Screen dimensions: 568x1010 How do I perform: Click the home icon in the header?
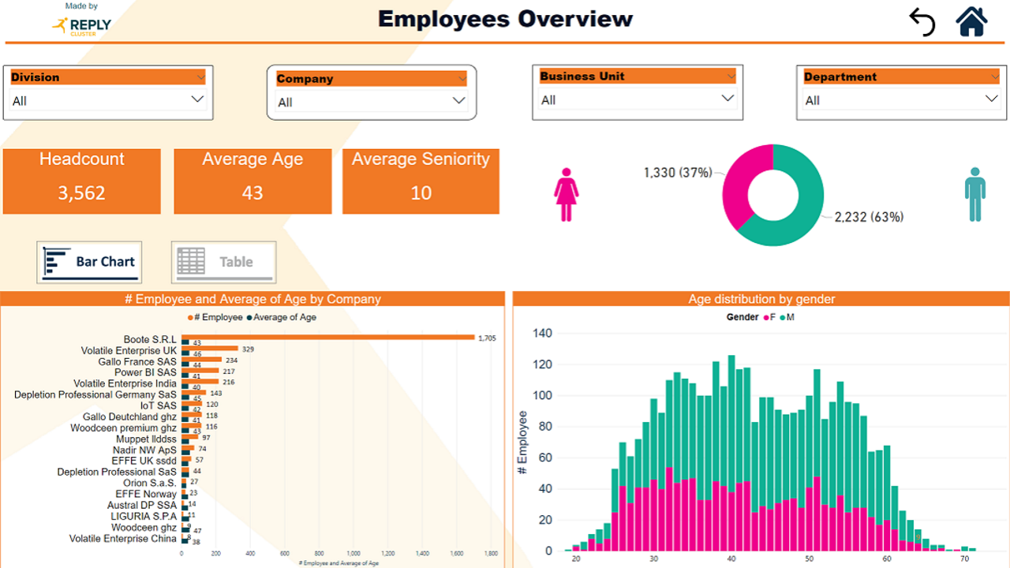pos(972,21)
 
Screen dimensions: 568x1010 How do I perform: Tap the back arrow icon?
pos(922,22)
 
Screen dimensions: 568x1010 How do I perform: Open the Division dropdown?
pos(197,100)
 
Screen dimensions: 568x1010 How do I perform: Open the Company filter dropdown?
pos(458,101)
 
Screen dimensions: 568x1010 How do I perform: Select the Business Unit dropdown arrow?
pos(728,99)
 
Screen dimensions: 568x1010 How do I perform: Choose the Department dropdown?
pos(991,99)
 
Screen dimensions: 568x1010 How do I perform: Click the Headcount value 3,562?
pos(81,193)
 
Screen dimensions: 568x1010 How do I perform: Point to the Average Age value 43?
pos(252,193)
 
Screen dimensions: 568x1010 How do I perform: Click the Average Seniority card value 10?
pos(421,193)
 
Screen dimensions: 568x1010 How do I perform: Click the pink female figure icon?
pos(567,194)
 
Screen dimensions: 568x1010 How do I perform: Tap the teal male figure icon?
pos(975,194)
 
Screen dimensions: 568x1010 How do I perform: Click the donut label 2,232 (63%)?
pos(869,217)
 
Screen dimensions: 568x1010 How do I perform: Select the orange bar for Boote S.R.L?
pos(327,337)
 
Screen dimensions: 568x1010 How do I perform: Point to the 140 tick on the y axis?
pos(542,333)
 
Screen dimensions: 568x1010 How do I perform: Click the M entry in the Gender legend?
pos(789,317)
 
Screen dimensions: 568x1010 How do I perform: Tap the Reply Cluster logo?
pos(82,25)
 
